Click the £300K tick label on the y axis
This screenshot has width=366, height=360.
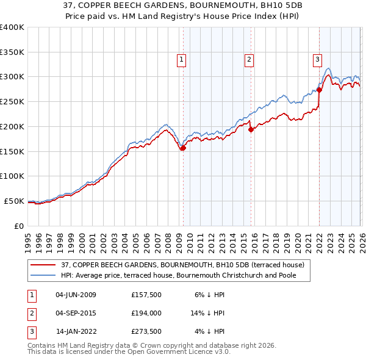[x=12, y=77]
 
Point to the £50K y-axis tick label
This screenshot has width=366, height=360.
[x=14, y=201]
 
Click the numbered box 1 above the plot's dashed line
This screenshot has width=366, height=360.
[x=182, y=59]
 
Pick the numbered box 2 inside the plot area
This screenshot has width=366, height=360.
[x=249, y=59]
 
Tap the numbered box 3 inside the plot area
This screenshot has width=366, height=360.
[x=318, y=59]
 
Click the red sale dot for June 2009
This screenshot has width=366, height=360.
[x=182, y=148]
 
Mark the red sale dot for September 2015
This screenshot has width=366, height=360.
[x=251, y=129]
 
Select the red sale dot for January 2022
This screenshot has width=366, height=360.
[x=319, y=90]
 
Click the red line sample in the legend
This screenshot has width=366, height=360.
[x=43, y=265]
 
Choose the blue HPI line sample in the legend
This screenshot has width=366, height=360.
[x=43, y=275]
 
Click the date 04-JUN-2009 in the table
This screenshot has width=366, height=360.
[x=76, y=295]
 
